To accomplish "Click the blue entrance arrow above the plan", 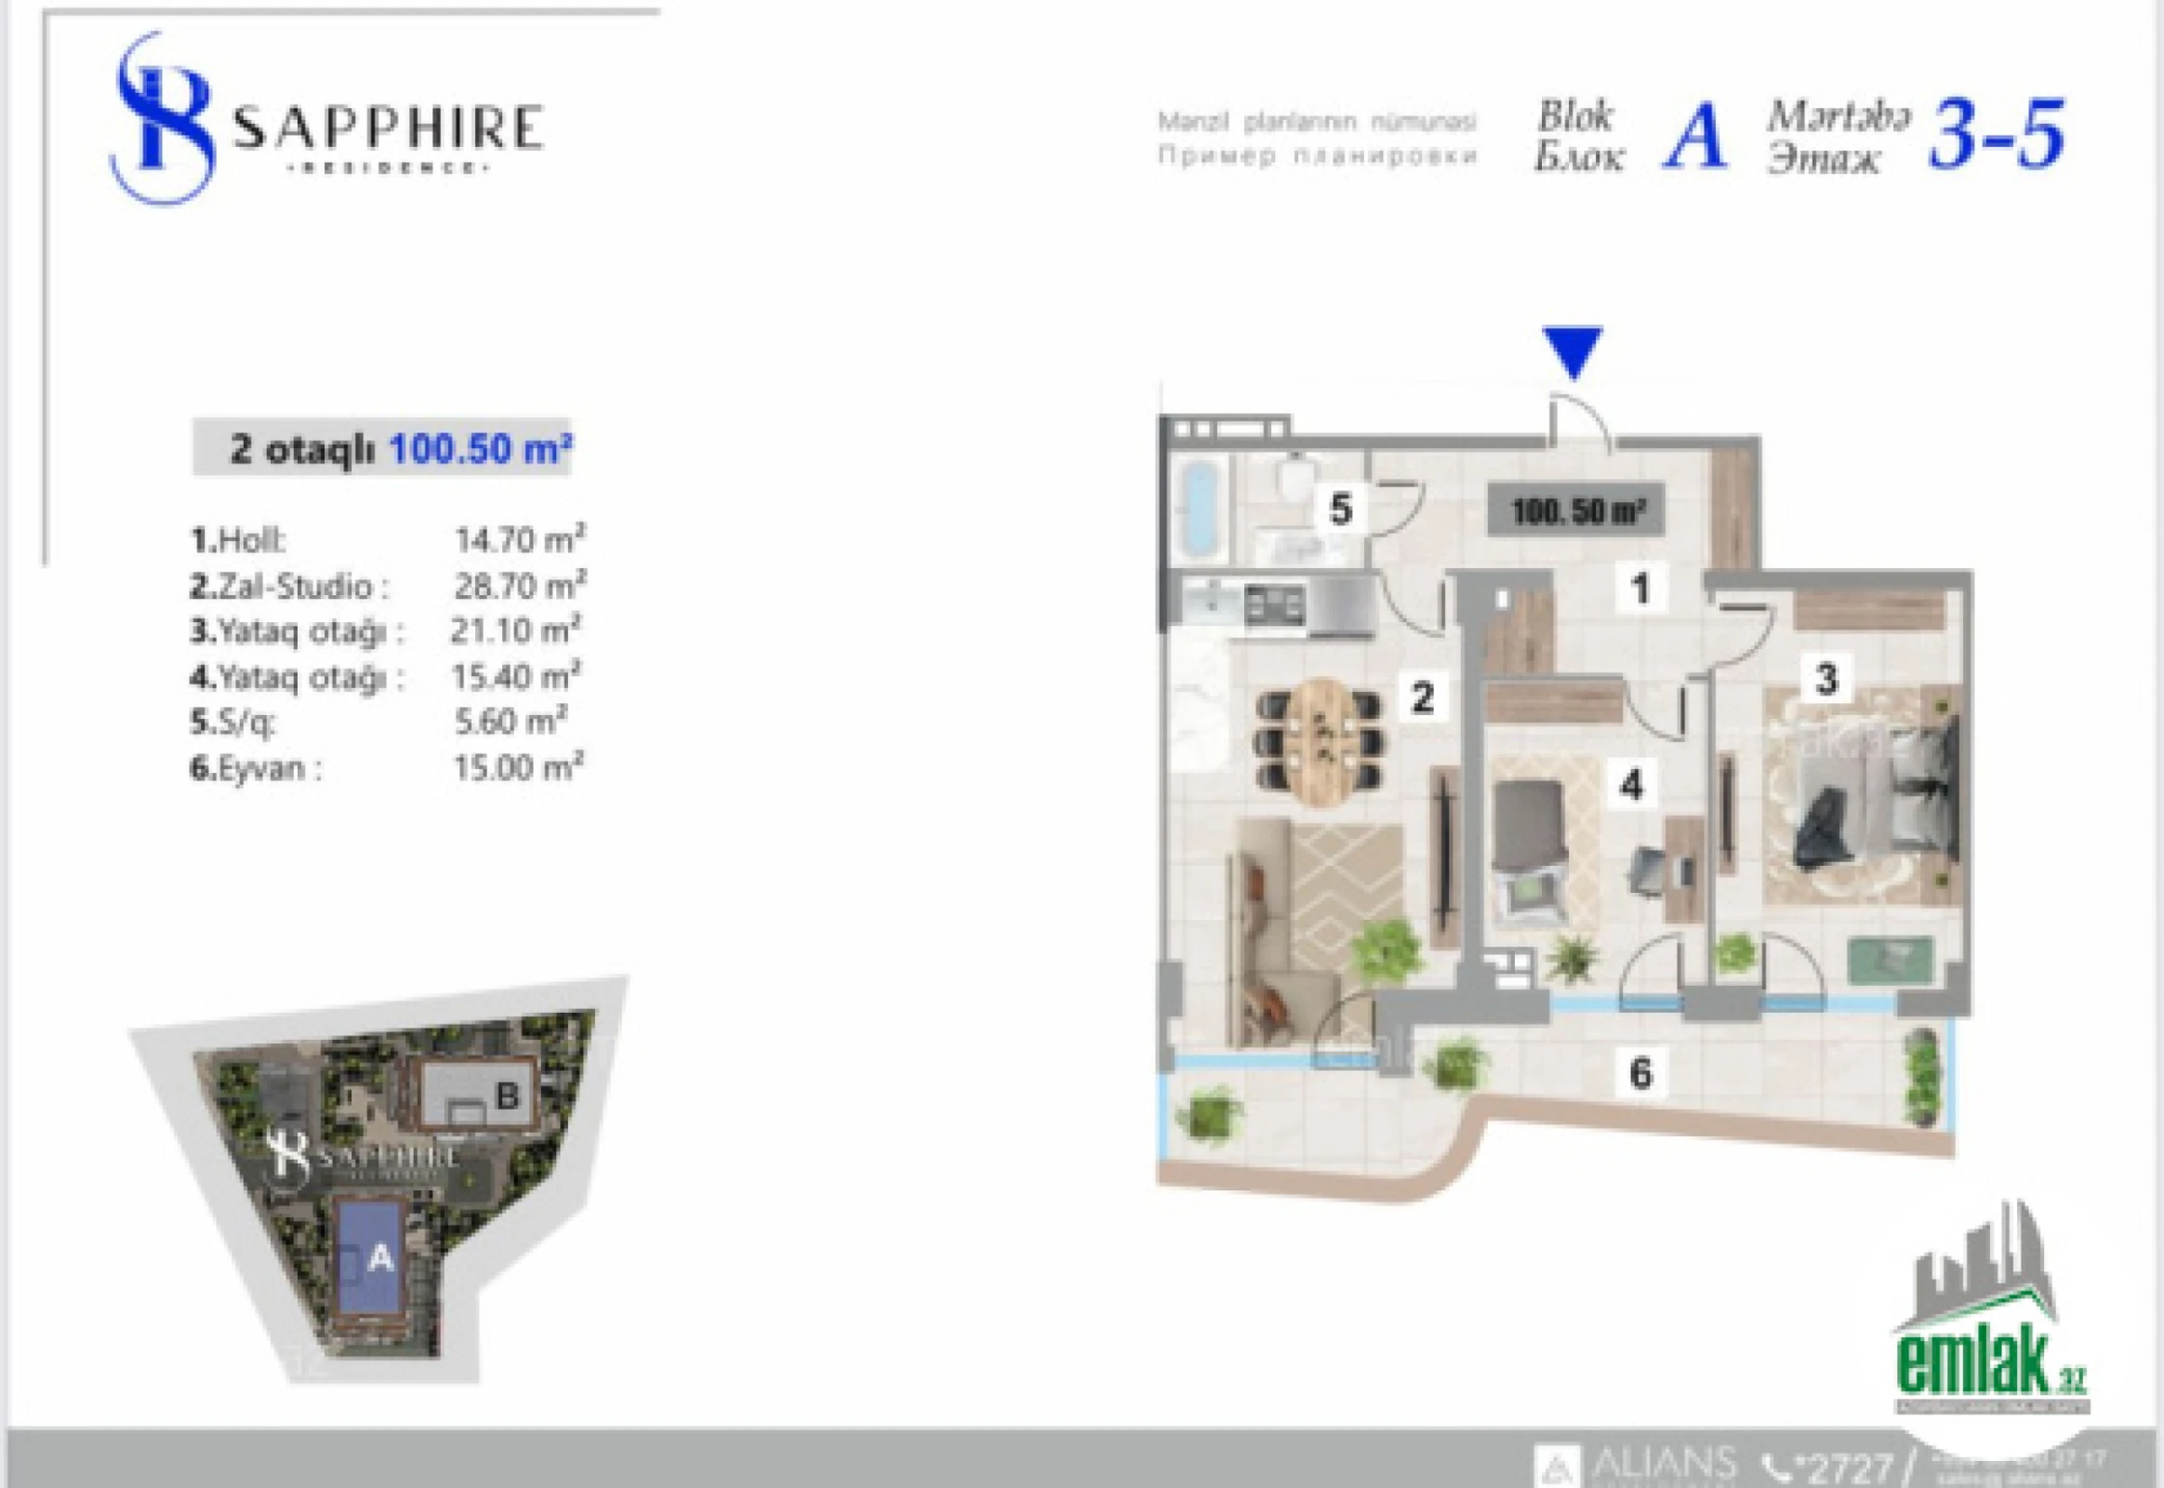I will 1572,351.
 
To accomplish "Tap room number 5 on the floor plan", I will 1340,509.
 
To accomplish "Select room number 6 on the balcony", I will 1641,1073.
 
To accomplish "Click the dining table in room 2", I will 1318,740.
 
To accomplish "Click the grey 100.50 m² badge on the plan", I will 1575,511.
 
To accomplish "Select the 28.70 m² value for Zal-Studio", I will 519,586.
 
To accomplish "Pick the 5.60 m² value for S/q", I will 509,721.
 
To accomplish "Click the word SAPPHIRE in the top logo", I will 387,128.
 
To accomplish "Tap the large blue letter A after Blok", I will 1694,137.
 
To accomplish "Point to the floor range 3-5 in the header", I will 1997,137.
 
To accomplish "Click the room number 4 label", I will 1632,785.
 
